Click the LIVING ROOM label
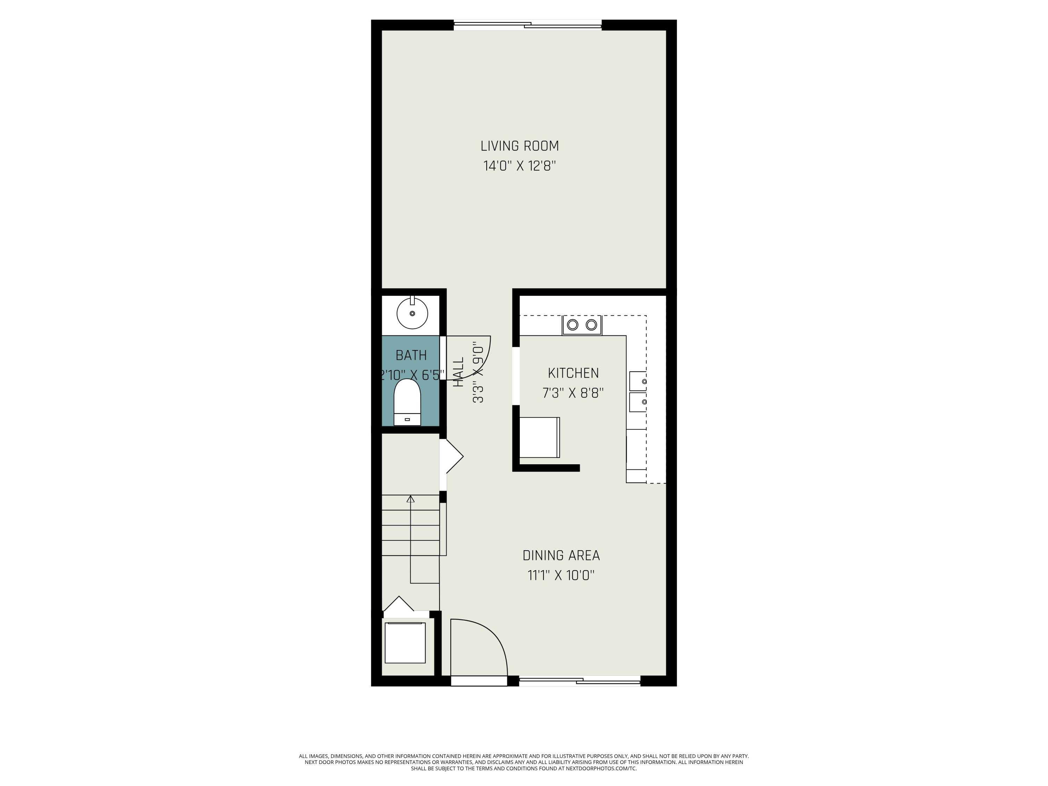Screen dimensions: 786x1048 (520, 146)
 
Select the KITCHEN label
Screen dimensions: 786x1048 (573, 373)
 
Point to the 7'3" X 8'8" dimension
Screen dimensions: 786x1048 (573, 393)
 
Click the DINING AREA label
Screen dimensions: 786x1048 (561, 555)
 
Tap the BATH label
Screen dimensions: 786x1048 (411, 355)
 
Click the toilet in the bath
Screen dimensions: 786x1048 (407, 403)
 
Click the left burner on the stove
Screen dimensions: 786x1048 (573, 325)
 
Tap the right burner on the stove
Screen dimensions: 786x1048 (591, 325)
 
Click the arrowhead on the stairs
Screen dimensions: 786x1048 (411, 499)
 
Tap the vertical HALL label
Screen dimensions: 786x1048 (459, 372)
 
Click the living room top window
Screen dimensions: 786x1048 (527, 25)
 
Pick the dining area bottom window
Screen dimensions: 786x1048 (580, 681)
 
